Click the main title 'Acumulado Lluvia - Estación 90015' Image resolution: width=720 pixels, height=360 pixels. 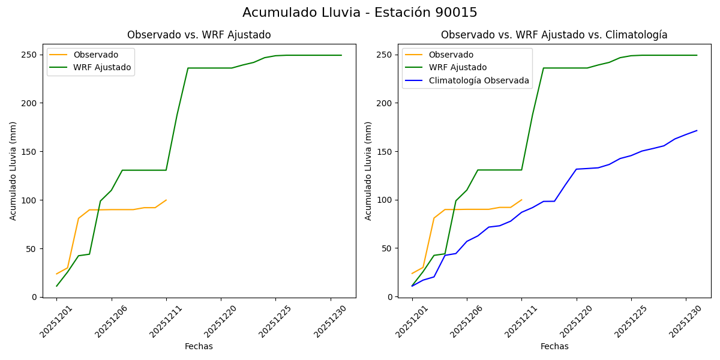[360, 13]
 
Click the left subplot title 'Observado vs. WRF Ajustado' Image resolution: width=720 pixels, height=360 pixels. [199, 35]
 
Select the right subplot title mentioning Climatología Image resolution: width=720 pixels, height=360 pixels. [554, 35]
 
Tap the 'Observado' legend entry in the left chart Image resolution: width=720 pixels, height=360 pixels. [95, 55]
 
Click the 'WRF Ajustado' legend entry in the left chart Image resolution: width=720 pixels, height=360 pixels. [102, 67]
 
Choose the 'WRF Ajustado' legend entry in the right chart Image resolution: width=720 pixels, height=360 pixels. [457, 67]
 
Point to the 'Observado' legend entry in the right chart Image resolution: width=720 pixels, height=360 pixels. [451, 55]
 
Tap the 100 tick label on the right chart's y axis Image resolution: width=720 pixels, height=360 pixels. [385, 200]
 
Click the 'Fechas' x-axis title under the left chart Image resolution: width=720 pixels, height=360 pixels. [199, 346]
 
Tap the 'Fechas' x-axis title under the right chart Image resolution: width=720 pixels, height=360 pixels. [554, 346]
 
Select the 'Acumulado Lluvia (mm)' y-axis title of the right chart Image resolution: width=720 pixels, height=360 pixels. [368, 170]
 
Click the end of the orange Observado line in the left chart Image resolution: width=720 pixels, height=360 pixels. [166, 200]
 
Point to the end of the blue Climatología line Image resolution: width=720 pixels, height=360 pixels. [697, 130]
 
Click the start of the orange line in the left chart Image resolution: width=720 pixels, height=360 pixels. [56, 274]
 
